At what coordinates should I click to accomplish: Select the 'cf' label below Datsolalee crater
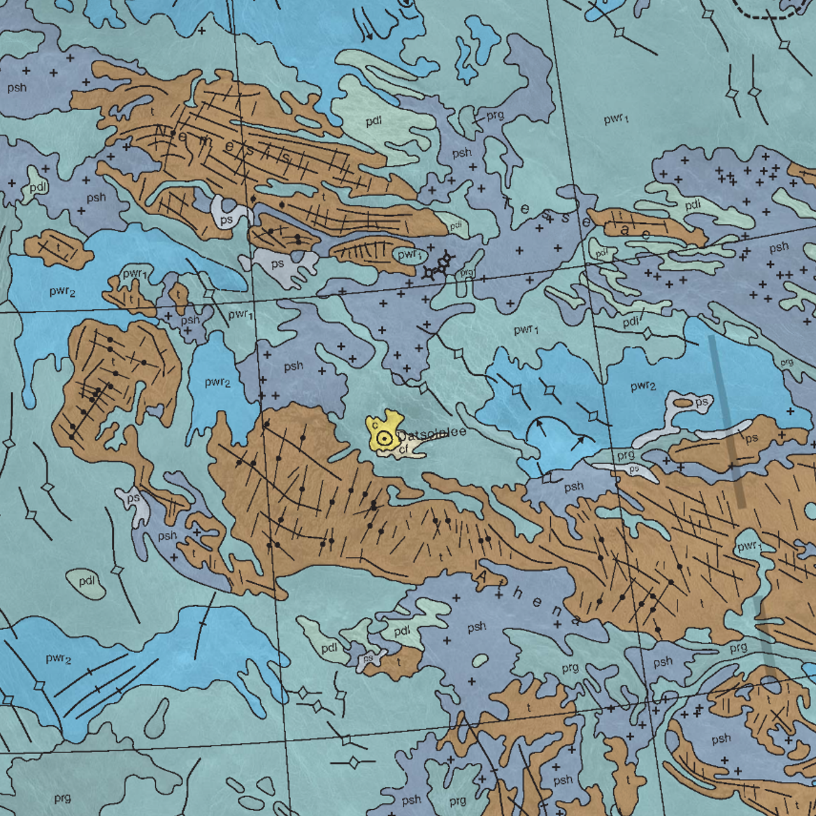404,449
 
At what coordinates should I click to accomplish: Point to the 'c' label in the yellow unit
375,425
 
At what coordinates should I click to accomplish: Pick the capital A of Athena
482,577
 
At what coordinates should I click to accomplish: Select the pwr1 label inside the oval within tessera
409,255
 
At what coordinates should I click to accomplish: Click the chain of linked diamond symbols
438,266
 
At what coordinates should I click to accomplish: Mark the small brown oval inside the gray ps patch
683,402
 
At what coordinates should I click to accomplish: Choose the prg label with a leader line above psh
495,115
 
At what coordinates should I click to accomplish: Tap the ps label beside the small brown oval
701,402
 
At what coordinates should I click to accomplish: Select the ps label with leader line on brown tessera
751,438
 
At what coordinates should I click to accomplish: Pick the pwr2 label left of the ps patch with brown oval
642,386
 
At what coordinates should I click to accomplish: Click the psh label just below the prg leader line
461,153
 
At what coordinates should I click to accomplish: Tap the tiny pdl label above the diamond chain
456,226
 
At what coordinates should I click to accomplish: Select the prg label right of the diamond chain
467,272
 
